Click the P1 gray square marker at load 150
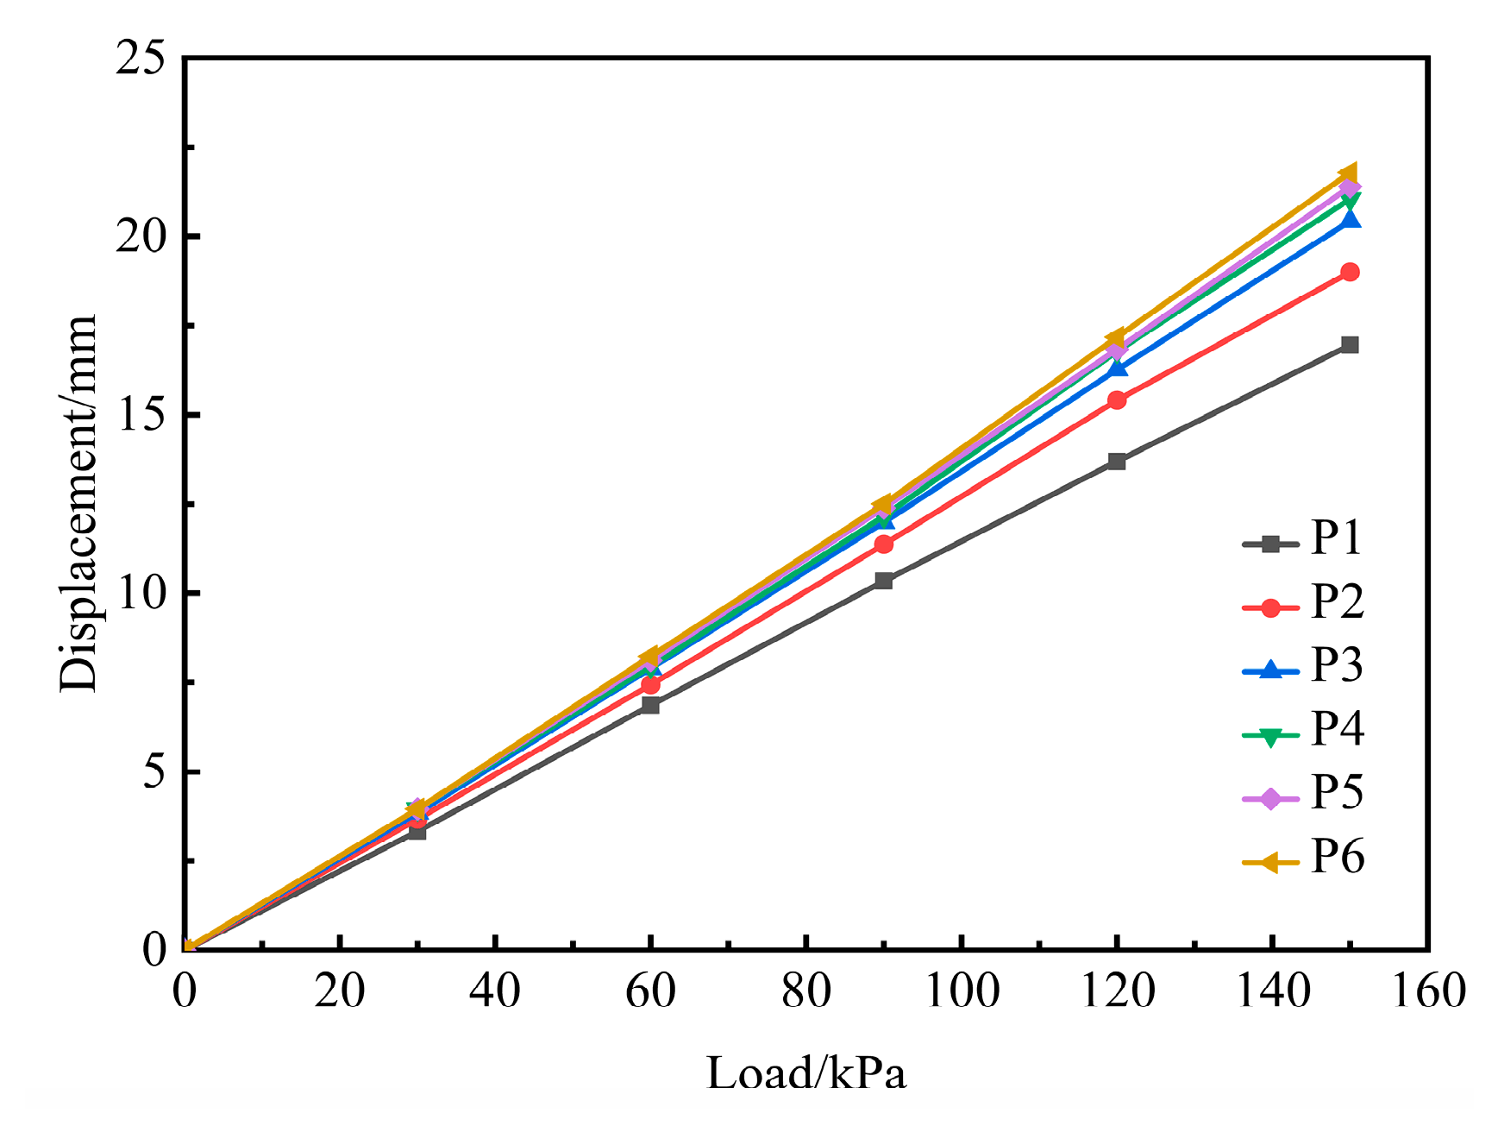pyautogui.click(x=1350, y=345)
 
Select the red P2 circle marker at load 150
pyautogui.click(x=1350, y=272)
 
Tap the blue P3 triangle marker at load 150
pyautogui.click(x=1350, y=220)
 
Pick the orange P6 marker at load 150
pyautogui.click(x=1348, y=173)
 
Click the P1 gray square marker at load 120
pyautogui.click(x=1117, y=462)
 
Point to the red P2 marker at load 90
pyautogui.click(x=883, y=544)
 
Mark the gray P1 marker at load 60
pyautogui.click(x=650, y=705)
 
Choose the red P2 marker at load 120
pyautogui.click(x=1117, y=400)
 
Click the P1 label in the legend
pyautogui.click(x=1336, y=538)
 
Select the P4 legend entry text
pyautogui.click(x=1338, y=729)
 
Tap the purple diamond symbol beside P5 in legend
pyautogui.click(x=1270, y=799)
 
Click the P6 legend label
pyautogui.click(x=1338, y=857)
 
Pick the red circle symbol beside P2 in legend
pyautogui.click(x=1270, y=607)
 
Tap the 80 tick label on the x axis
pyautogui.click(x=806, y=991)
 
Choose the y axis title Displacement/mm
pyautogui.click(x=79, y=503)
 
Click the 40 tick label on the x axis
pyautogui.click(x=495, y=991)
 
